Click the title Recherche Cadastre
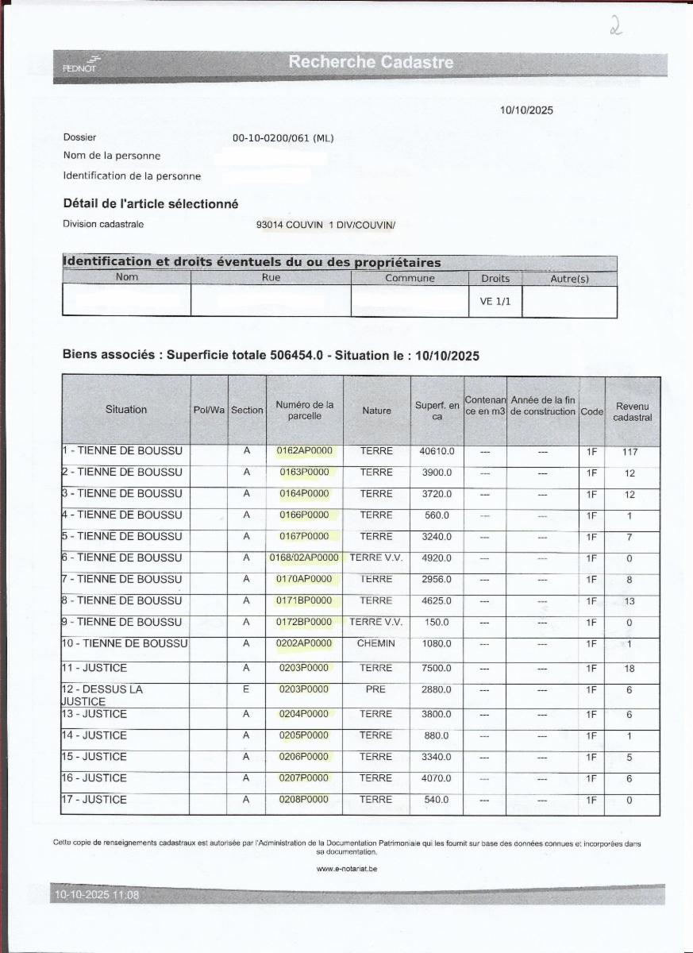point(371,62)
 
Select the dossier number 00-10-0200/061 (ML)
point(283,138)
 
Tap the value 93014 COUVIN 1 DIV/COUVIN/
point(325,225)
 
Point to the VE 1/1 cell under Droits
point(495,302)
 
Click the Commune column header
point(410,278)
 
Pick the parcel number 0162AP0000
point(304,451)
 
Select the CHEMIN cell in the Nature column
point(376,644)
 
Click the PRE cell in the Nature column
point(375,689)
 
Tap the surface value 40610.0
point(437,451)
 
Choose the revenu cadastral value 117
point(630,452)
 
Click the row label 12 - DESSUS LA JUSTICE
point(103,695)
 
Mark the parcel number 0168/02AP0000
point(304,558)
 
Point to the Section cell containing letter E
point(246,689)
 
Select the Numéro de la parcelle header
point(304,410)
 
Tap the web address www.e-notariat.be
point(347,869)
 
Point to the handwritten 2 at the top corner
point(615,28)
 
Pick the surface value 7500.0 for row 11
point(437,668)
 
